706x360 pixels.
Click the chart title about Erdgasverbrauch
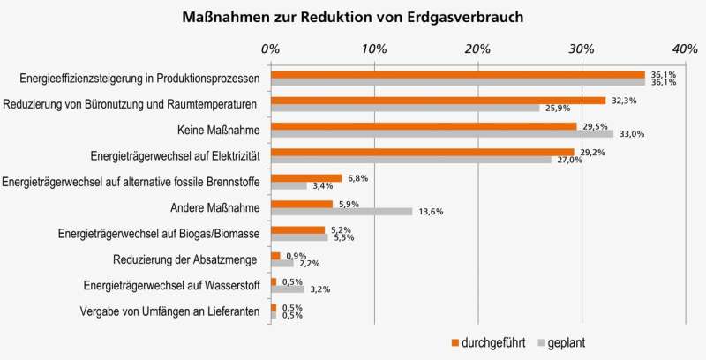pos(353,17)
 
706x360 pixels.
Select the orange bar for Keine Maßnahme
pos(424,126)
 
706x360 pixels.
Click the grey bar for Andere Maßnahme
pos(342,212)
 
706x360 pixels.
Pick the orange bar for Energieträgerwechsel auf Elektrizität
pos(422,152)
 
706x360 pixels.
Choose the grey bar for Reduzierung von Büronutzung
pos(405,109)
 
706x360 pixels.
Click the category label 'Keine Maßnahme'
pos(215,130)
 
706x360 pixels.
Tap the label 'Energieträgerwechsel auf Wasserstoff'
pos(169,285)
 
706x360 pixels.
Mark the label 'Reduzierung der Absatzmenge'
pos(185,259)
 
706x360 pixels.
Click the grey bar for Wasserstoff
pos(288,289)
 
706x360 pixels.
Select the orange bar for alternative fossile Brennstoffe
pos(306,177)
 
